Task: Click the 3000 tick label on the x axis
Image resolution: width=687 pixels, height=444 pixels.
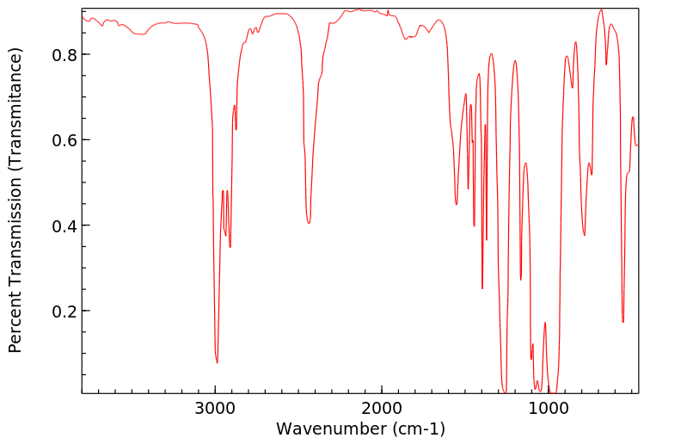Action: click(x=215, y=408)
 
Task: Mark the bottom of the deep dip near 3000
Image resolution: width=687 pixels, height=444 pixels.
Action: click(x=218, y=362)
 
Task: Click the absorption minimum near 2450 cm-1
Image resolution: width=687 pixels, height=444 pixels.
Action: click(x=308, y=223)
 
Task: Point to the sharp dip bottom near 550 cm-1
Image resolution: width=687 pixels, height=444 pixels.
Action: click(x=623, y=322)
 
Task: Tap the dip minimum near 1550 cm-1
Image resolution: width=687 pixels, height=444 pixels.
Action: click(x=457, y=204)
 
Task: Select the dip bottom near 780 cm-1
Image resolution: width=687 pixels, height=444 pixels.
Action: click(x=584, y=235)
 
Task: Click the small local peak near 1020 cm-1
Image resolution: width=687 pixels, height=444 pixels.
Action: click(x=545, y=323)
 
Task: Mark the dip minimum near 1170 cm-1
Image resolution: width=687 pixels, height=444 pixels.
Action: click(x=520, y=279)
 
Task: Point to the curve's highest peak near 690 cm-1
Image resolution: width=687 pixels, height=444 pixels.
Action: click(x=601, y=9)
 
